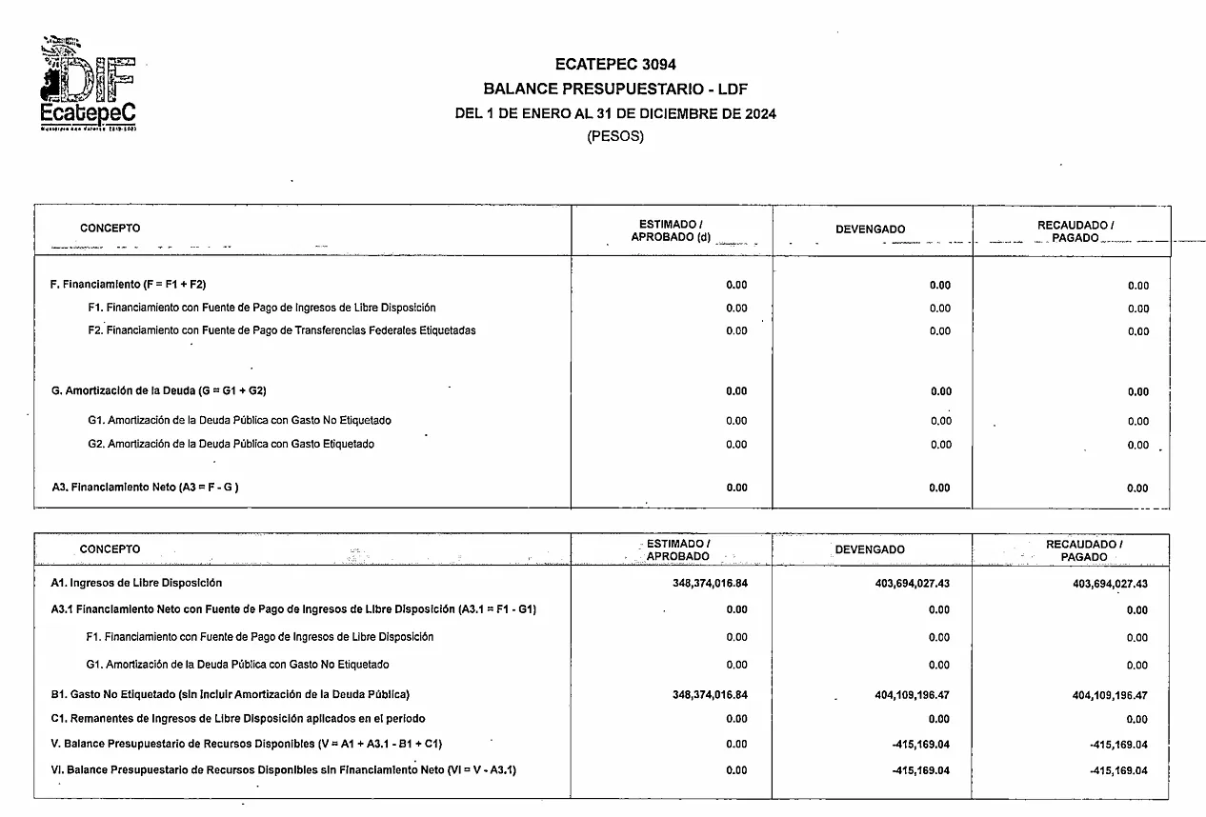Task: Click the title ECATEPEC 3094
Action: point(614,65)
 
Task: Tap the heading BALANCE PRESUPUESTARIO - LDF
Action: point(614,90)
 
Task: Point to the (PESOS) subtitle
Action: point(614,136)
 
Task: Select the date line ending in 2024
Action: point(615,113)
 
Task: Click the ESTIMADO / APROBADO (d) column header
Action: point(671,230)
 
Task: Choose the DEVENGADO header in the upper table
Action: point(870,229)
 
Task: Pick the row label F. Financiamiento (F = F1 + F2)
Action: point(127,285)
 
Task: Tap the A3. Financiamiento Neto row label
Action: point(145,488)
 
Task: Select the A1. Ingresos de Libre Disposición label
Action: point(136,583)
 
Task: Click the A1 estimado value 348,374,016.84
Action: point(710,584)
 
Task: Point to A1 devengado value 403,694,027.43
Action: point(912,584)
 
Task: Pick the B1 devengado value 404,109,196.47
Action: point(912,695)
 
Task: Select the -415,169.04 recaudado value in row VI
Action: point(1118,770)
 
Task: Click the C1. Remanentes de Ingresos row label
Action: point(237,718)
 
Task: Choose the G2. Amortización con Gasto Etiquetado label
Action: point(231,444)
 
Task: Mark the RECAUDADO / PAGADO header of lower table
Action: point(1083,549)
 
